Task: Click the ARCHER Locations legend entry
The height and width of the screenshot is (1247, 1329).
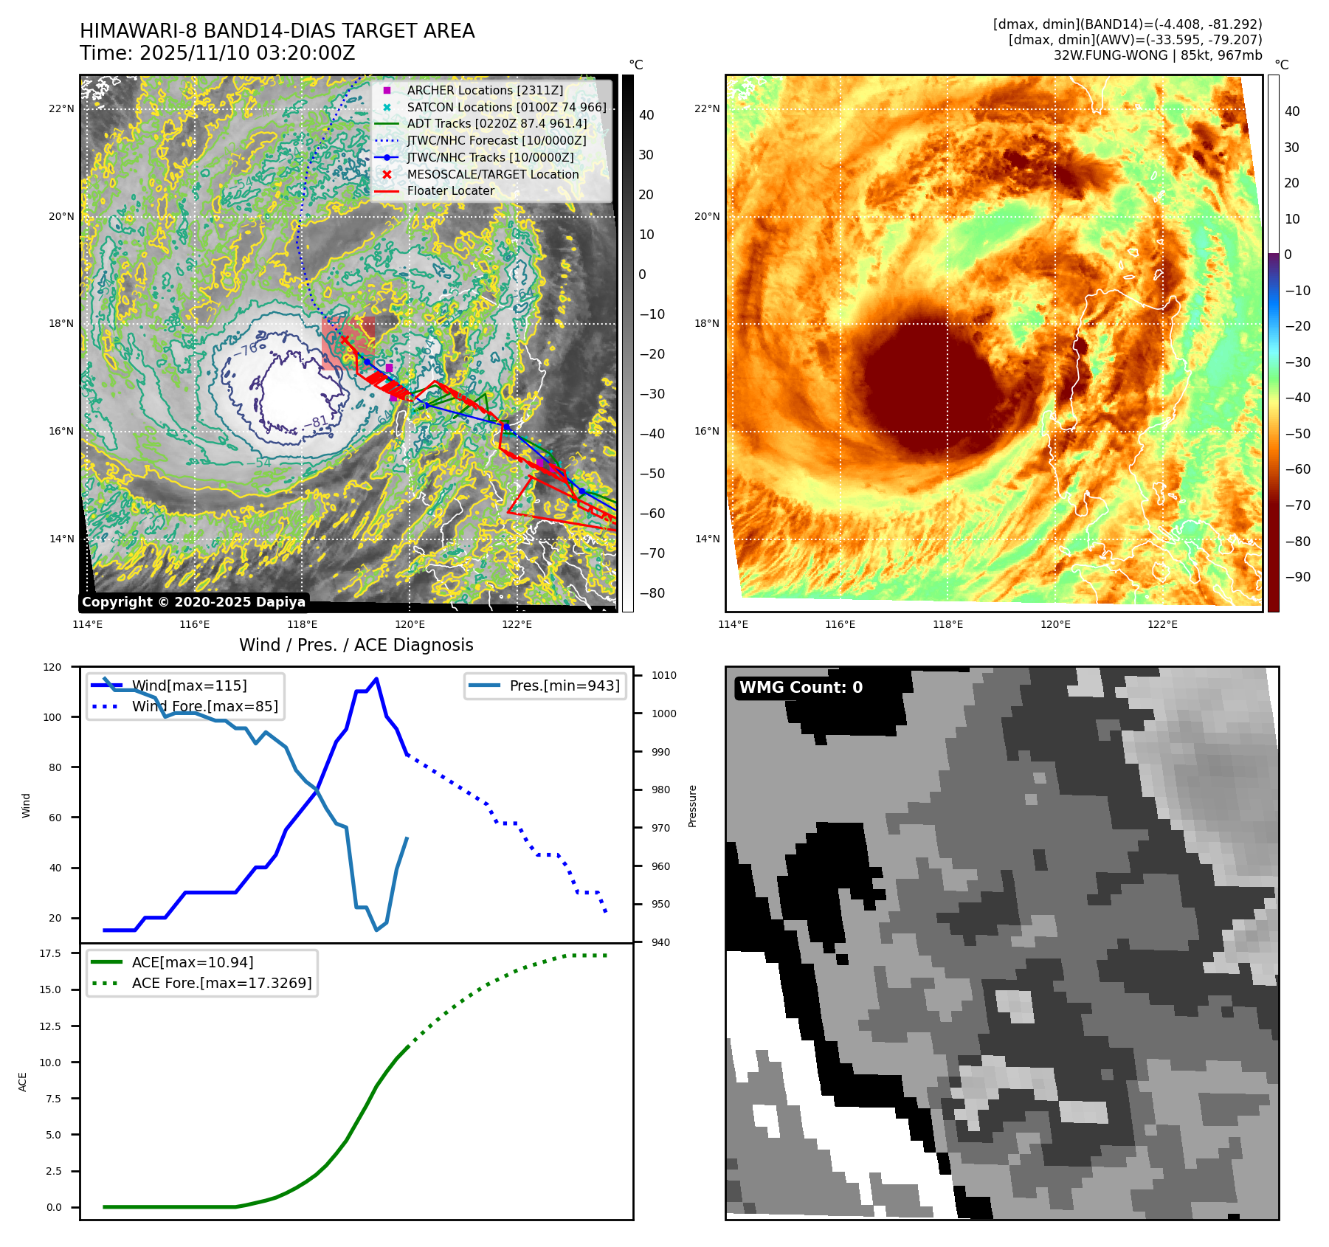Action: tap(484, 90)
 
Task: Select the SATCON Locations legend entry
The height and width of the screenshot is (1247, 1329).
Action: tap(506, 107)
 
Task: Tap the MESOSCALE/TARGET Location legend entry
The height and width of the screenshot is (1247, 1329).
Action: tap(492, 174)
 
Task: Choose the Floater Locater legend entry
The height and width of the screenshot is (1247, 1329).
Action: tap(450, 190)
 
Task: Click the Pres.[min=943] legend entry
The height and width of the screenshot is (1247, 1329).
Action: tap(564, 685)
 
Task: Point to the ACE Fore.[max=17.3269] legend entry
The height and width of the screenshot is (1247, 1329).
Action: tap(221, 983)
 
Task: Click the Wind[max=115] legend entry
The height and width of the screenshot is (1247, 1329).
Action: tap(189, 685)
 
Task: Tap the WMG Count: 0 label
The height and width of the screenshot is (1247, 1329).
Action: tap(801, 688)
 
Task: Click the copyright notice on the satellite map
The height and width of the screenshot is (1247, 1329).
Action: tap(193, 602)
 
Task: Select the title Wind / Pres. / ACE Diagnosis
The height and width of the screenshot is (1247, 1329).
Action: tap(356, 645)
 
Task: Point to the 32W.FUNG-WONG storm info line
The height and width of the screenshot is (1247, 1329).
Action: tap(1157, 55)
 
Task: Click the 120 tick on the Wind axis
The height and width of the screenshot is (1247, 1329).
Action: tap(52, 667)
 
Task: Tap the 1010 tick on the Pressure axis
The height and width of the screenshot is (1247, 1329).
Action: tap(663, 675)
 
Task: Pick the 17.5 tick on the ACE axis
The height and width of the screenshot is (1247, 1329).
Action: tap(50, 953)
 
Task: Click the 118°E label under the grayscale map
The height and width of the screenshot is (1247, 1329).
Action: tap(302, 625)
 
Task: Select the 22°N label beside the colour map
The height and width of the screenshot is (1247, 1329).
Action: tap(706, 108)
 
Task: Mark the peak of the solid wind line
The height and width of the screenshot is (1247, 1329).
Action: tap(376, 679)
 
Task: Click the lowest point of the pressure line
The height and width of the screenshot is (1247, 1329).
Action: tap(376, 930)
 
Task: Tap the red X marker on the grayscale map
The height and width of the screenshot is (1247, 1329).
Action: tap(344, 339)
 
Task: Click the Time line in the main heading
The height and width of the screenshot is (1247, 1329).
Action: tap(217, 53)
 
